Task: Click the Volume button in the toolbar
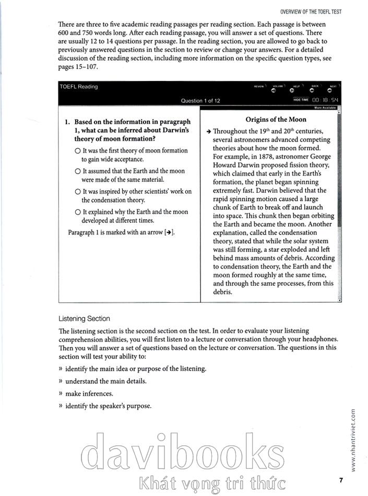273,90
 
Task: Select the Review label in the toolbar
259,86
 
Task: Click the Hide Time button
301,99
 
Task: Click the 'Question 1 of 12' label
200,101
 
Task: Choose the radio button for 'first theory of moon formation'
77,151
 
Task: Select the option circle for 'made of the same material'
77,171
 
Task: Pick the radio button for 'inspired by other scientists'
77,192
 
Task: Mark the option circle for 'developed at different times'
77,212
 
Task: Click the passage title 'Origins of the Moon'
268,120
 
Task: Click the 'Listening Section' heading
84,318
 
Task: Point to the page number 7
340,480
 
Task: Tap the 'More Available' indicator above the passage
325,108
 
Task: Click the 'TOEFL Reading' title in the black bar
78,87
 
